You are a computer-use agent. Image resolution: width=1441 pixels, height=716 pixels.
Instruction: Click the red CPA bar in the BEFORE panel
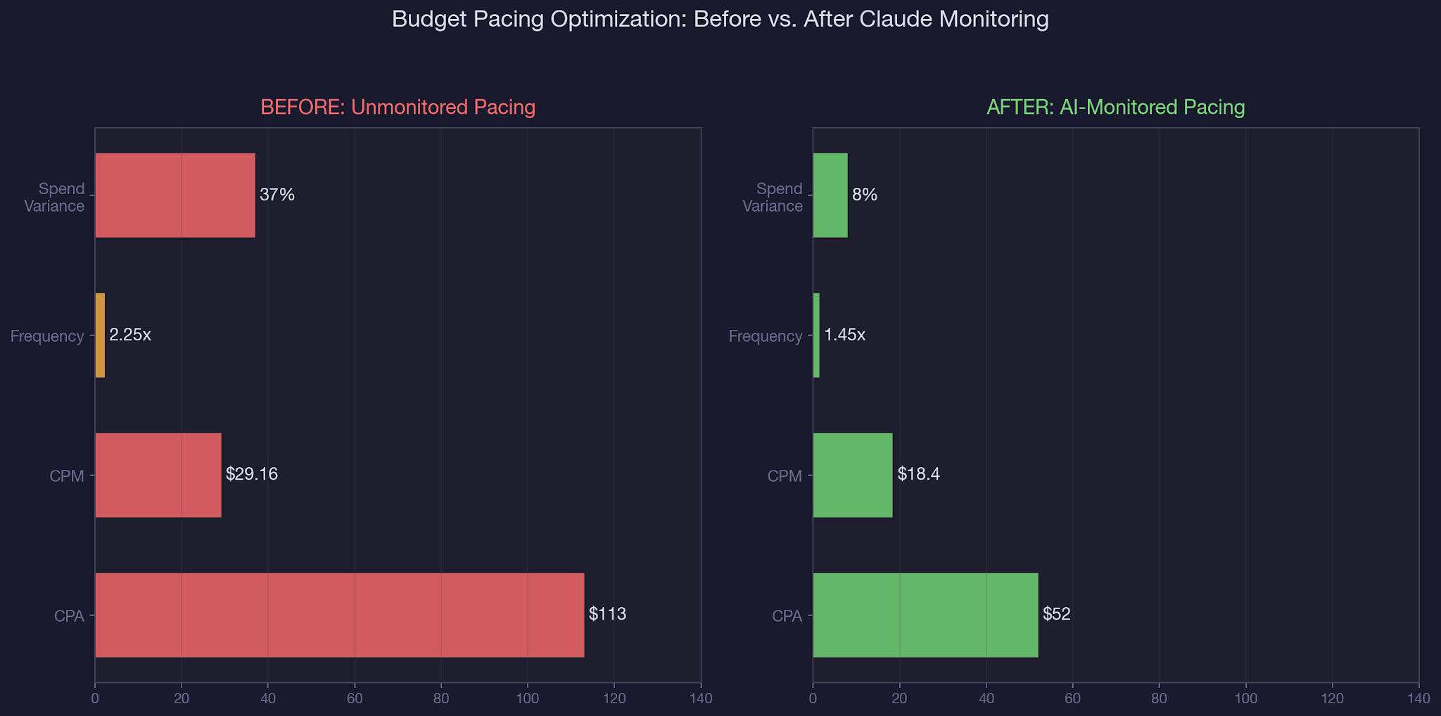coord(339,615)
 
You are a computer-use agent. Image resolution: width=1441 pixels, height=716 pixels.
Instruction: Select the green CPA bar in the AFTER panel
coord(925,615)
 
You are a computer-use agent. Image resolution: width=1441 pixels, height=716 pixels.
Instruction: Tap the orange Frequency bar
coord(100,335)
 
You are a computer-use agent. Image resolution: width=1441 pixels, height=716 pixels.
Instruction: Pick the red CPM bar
coord(158,475)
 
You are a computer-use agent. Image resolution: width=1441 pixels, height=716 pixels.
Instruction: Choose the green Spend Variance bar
coord(830,196)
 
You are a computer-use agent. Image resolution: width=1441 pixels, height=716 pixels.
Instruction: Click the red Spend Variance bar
coord(175,196)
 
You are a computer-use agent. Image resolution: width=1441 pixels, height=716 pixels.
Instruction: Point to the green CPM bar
coord(853,475)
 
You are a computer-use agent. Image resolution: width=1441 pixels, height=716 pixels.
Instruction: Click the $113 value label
coord(607,614)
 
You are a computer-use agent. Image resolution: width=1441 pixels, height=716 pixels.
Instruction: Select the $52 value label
coord(1056,614)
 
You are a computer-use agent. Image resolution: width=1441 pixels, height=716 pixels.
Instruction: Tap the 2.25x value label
coord(130,335)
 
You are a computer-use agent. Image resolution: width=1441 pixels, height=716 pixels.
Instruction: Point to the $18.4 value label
coord(918,474)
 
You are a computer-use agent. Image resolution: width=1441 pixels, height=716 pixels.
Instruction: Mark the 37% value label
coord(277,195)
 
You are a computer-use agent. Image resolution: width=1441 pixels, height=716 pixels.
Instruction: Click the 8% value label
coord(865,195)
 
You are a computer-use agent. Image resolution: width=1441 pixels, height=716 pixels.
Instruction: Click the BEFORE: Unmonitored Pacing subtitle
coord(398,108)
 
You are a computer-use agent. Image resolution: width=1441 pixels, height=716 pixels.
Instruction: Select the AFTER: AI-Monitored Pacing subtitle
coord(1116,108)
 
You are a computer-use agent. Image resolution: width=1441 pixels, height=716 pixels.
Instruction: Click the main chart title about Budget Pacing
coord(720,19)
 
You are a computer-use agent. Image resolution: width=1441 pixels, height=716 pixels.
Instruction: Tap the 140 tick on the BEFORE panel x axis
coord(701,698)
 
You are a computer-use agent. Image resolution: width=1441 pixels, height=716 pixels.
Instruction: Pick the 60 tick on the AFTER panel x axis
coord(1072,698)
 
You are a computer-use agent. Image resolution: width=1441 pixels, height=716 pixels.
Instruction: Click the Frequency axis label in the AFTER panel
coord(766,336)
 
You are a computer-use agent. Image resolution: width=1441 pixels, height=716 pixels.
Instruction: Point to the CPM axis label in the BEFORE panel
coord(67,476)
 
